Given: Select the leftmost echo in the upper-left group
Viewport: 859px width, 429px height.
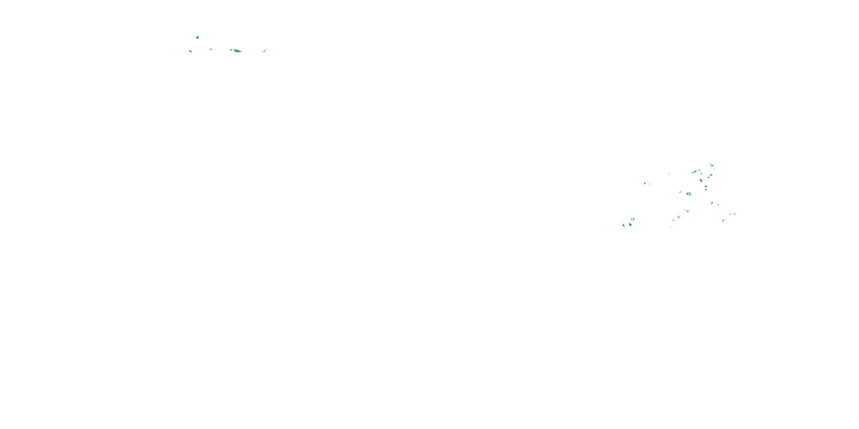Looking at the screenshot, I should tap(190, 51).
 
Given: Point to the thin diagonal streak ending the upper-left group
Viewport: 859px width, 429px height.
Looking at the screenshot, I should tap(265, 50).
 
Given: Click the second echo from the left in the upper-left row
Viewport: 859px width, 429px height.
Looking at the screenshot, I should tap(211, 49).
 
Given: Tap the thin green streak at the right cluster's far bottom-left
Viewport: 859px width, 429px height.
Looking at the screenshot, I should tap(624, 225).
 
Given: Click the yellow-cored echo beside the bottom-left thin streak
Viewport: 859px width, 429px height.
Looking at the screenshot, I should tap(631, 225).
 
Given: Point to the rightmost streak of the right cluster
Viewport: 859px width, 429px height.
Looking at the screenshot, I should tap(735, 214).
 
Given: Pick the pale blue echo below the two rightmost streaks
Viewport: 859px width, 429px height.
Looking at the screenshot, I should tap(723, 221).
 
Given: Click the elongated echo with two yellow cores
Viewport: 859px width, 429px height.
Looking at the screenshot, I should tap(701, 180).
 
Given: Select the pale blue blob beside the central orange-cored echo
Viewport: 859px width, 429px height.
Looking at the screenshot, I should tap(690, 194).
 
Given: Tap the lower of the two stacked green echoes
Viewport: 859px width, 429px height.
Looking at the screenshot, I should tap(706, 190).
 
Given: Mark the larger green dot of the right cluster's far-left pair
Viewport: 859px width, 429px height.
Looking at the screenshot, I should tap(645, 184).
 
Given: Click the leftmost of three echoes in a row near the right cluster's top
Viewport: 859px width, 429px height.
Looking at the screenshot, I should tap(693, 172).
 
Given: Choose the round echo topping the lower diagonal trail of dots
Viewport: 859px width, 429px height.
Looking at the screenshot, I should tap(688, 211).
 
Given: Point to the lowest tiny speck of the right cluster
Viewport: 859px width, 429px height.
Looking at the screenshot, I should tap(671, 227).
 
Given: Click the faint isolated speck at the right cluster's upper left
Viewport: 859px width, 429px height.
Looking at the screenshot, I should tap(669, 174).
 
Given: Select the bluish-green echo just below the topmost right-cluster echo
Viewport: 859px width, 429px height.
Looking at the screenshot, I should tap(711, 175).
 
